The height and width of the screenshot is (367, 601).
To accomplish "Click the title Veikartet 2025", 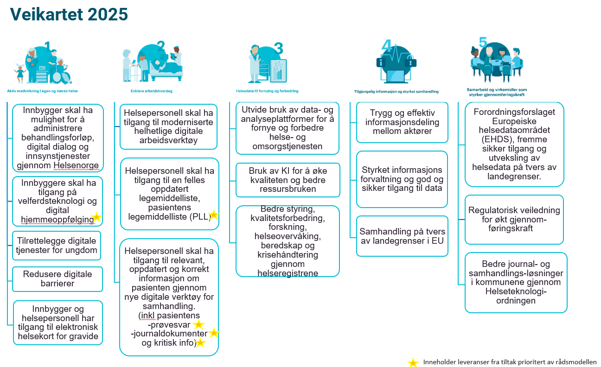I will (69, 14).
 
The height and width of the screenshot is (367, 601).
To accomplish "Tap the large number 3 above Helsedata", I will (278, 48).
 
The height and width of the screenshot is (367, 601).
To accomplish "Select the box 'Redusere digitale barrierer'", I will (58, 278).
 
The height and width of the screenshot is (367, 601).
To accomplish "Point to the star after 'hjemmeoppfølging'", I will (96, 217).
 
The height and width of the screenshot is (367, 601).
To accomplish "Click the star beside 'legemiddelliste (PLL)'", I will (213, 215).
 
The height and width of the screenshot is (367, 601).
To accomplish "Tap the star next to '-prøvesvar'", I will (198, 324).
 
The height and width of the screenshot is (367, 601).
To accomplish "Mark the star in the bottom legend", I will (412, 362).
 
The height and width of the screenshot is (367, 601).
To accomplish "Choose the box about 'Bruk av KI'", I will (288, 180).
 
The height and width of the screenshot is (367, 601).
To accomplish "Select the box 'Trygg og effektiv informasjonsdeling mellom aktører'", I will (402, 122).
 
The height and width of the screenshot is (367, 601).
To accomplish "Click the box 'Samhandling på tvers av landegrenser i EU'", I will (402, 236).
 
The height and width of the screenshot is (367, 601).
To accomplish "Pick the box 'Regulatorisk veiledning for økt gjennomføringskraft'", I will (514, 219).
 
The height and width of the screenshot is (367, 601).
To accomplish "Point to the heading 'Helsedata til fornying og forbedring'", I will (267, 91).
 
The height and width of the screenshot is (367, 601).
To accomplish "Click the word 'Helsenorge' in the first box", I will (77, 165).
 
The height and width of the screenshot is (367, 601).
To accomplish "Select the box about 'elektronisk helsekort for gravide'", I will (58, 323).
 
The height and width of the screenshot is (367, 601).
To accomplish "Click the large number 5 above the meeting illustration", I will (483, 42).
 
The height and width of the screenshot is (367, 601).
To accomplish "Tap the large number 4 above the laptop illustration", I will (387, 45).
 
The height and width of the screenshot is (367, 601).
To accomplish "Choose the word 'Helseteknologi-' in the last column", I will (516, 291).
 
